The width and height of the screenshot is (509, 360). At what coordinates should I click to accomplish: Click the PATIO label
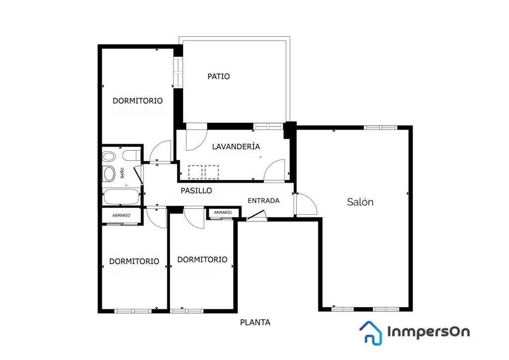click(x=219, y=76)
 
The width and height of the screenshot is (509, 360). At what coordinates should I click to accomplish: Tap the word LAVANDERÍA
click(x=236, y=146)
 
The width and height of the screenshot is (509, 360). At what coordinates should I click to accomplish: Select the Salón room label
click(x=360, y=202)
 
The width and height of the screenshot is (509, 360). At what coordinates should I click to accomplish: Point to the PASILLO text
click(x=196, y=190)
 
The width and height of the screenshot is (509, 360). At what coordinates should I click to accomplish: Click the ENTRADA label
click(x=263, y=200)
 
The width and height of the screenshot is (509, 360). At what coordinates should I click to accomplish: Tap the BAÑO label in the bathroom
click(x=122, y=173)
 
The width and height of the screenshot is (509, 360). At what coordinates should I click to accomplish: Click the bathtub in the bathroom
click(x=121, y=197)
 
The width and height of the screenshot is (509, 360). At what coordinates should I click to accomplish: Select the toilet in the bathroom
click(x=131, y=156)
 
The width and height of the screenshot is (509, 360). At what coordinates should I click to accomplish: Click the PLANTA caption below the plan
click(x=255, y=322)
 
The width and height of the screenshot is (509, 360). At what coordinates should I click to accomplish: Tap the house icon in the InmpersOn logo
click(x=371, y=333)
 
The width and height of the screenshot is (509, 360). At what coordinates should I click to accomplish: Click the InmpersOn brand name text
click(x=428, y=332)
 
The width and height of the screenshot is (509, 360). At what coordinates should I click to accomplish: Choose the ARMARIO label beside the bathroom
click(x=121, y=215)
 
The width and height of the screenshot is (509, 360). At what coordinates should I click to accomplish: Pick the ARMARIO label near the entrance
click(x=223, y=212)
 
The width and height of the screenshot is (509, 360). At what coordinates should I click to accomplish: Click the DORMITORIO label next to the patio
click(x=138, y=100)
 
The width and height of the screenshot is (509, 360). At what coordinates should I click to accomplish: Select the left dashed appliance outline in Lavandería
click(x=195, y=172)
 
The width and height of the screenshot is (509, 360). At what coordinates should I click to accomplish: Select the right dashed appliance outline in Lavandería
click(x=212, y=172)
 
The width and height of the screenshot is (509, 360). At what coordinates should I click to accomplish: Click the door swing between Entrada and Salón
click(x=306, y=204)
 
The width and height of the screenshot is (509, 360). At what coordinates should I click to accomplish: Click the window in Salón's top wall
click(x=380, y=128)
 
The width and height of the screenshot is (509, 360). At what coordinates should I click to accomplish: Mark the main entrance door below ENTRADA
click(x=256, y=215)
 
